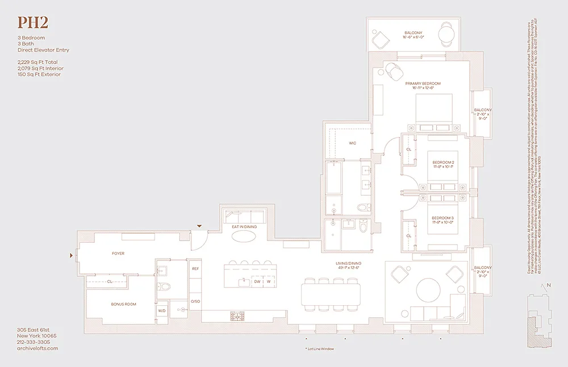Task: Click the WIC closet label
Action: click(x=352, y=143)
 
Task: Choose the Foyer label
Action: click(x=118, y=254)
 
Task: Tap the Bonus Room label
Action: click(x=123, y=305)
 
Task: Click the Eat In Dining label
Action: click(x=244, y=227)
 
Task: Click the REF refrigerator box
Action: click(x=195, y=269)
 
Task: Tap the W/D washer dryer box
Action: click(x=162, y=311)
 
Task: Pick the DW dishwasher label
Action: click(x=257, y=281)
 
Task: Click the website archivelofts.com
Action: click(x=37, y=348)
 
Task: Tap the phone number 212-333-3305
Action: click(x=34, y=342)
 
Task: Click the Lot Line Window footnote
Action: click(x=319, y=349)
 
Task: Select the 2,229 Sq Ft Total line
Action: click(x=37, y=62)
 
